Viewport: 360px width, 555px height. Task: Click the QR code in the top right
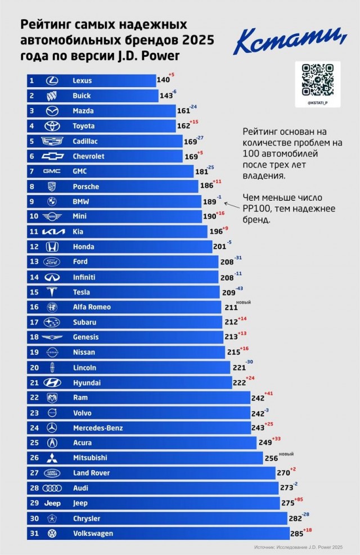[318, 80]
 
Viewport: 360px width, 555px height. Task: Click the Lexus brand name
[82, 81]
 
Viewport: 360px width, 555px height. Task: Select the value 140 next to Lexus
[163, 81]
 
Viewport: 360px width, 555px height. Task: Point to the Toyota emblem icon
[52, 126]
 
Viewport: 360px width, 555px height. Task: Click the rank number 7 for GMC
[33, 172]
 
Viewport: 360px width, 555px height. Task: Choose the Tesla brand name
[82, 292]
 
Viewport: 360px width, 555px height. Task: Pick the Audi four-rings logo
[52, 488]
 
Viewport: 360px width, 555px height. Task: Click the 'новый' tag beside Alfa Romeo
[244, 303]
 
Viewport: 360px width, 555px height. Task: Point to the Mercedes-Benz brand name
[98, 428]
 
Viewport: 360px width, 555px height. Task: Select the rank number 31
[33, 534]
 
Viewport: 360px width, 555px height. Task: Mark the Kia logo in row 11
[52, 232]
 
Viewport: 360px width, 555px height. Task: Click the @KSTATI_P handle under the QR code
[318, 103]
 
